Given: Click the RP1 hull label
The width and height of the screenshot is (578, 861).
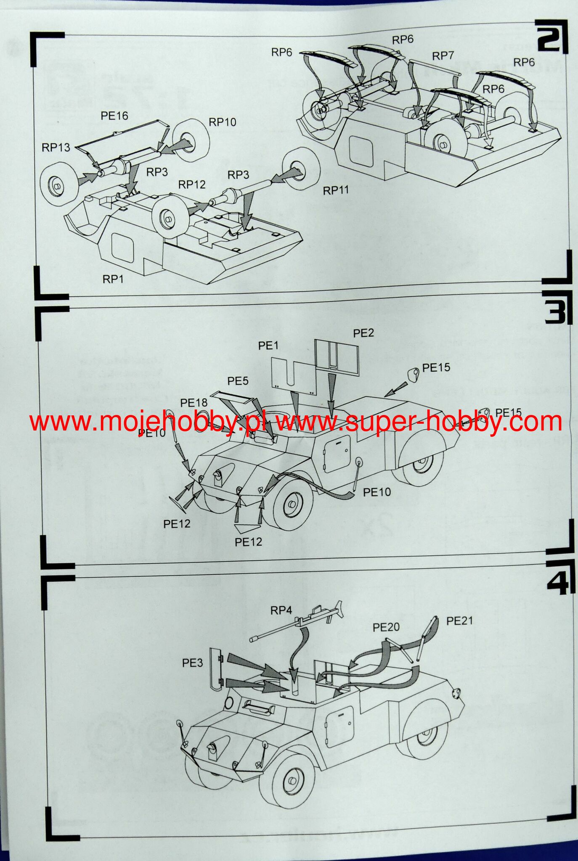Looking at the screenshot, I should point(113,279).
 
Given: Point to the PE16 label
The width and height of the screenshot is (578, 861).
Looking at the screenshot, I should point(114,116).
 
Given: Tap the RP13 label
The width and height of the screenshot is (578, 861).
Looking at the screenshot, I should point(56,148).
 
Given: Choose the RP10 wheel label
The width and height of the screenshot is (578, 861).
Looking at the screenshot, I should point(223,122).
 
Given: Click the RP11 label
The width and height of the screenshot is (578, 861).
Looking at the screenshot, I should point(336,190).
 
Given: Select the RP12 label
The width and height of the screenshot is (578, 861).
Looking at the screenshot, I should point(192,185).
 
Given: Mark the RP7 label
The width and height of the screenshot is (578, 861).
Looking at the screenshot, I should point(443,56).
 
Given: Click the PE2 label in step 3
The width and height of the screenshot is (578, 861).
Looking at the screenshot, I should point(363,333).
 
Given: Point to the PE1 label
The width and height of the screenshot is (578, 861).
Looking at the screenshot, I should point(268,346).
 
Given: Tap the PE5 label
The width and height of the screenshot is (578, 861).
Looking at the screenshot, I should point(238,381).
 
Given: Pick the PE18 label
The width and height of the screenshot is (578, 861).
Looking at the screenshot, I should point(194,403).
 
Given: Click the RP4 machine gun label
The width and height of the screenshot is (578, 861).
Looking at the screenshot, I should point(281,610).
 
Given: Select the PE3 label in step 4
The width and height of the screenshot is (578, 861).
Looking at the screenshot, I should point(192,663).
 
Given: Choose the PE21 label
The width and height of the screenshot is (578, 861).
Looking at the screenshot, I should point(459,621).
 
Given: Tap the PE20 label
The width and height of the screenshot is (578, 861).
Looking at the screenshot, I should point(386,628).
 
